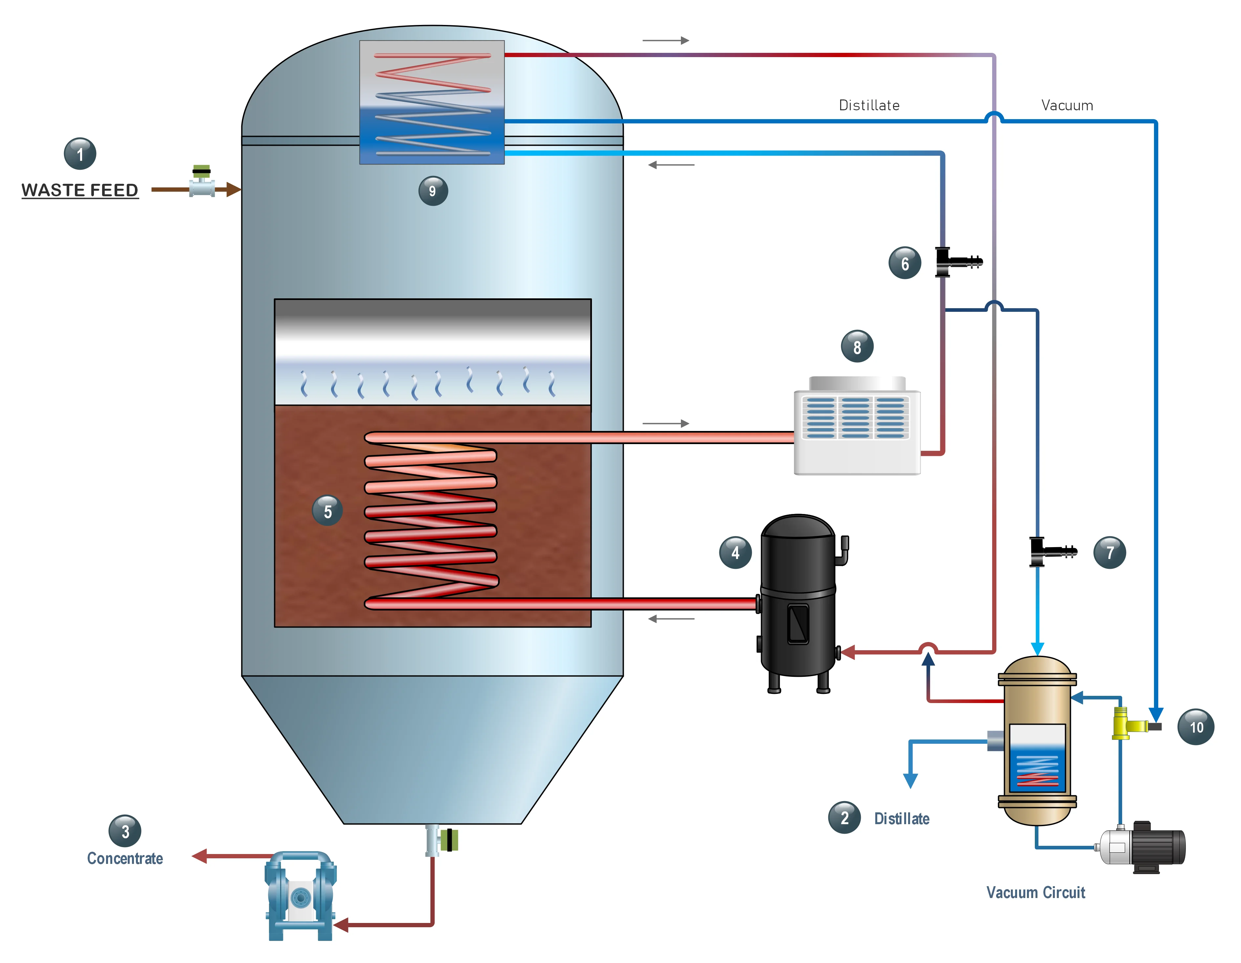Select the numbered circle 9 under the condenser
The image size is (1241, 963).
click(433, 191)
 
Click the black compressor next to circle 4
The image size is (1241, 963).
click(798, 602)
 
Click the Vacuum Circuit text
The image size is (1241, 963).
click(1035, 892)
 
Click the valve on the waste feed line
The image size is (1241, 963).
click(202, 182)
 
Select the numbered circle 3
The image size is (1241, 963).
click(125, 831)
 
